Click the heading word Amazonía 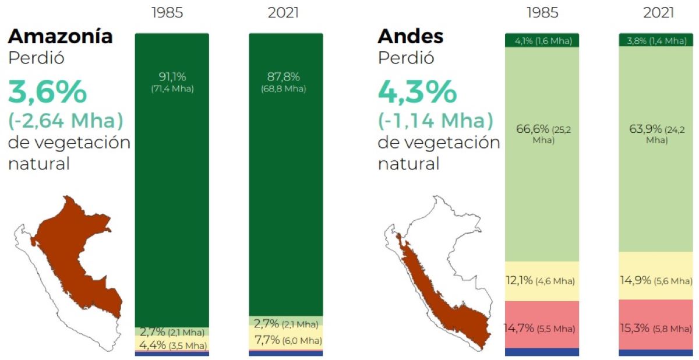coord(60,36)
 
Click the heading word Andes coord(410,36)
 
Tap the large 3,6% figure coord(48,92)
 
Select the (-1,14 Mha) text coord(435,121)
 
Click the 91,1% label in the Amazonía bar coord(172,76)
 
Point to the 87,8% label coord(286,76)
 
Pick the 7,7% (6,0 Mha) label coord(287,340)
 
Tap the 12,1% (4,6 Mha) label coord(540,281)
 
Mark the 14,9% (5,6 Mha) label coord(655,281)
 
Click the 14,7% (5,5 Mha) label coord(539,329)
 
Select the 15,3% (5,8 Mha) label coord(655,329)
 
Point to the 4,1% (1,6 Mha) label coord(543,40)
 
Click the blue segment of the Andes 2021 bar coord(655,352)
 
